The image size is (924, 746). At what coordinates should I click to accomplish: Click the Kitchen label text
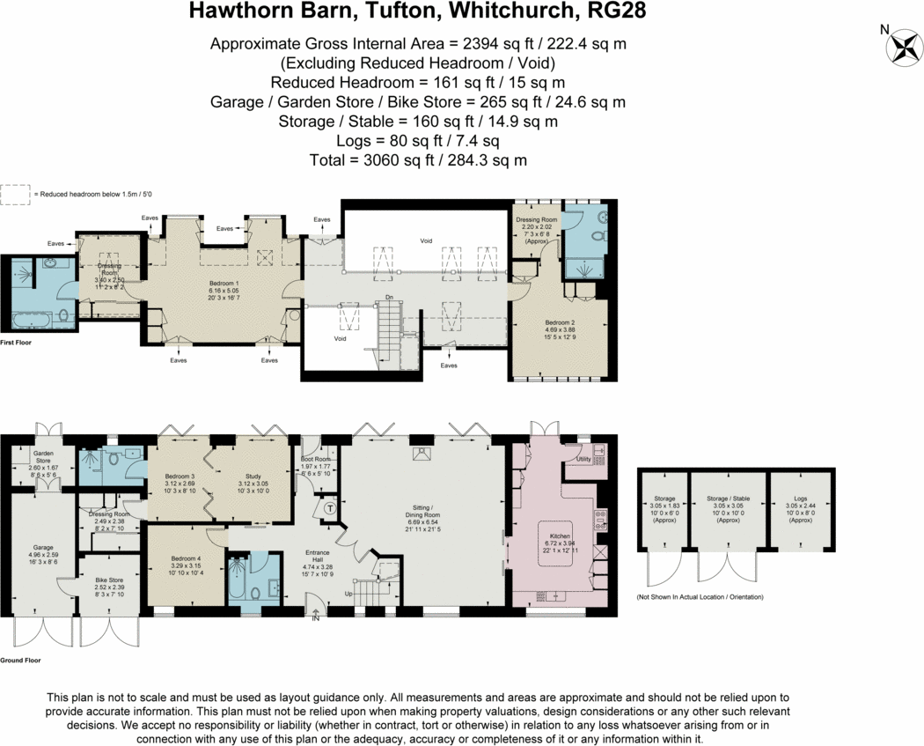(x=561, y=535)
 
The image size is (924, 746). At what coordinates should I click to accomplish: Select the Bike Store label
(x=110, y=580)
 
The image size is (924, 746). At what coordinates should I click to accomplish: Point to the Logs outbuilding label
(x=800, y=499)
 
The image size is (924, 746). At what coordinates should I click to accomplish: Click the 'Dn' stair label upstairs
(x=388, y=298)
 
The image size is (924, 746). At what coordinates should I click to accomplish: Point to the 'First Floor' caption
(x=16, y=342)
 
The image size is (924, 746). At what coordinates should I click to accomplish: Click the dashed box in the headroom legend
(x=14, y=194)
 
